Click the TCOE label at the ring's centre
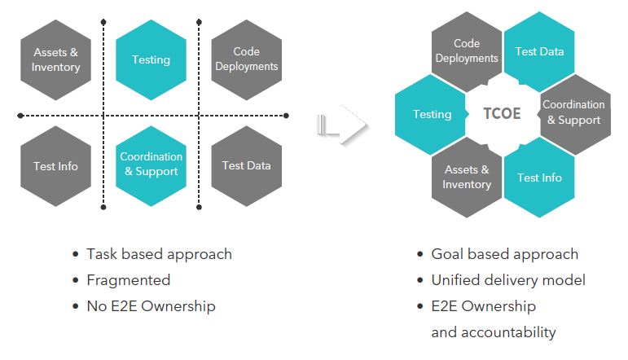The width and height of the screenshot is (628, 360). pyautogui.click(x=502, y=114)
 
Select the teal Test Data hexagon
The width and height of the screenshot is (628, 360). pyautogui.click(x=539, y=51)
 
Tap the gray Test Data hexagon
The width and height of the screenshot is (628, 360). pyautogui.click(x=246, y=166)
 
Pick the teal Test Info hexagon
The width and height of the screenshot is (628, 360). pyautogui.click(x=539, y=178)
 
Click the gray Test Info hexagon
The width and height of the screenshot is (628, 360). pyautogui.click(x=56, y=166)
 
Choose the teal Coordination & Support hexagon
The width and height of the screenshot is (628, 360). pyautogui.click(x=151, y=165)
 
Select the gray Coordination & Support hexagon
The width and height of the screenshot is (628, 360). pyautogui.click(x=573, y=113)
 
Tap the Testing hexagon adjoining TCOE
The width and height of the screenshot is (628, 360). pyautogui.click(x=432, y=114)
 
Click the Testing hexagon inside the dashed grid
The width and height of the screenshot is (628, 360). pyautogui.click(x=151, y=59)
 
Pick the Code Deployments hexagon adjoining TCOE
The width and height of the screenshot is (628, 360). pyautogui.click(x=467, y=50)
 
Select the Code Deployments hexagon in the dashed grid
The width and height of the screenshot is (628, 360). pyautogui.click(x=246, y=59)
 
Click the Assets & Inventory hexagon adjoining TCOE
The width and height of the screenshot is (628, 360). pyautogui.click(x=467, y=178)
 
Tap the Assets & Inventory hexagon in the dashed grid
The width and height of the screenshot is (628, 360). pyautogui.click(x=56, y=59)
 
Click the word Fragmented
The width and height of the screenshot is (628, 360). pyautogui.click(x=129, y=280)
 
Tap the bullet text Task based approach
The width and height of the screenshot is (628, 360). pyautogui.click(x=159, y=254)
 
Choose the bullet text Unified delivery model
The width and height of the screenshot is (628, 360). pyautogui.click(x=508, y=280)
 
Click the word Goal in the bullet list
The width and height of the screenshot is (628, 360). pyautogui.click(x=446, y=254)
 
